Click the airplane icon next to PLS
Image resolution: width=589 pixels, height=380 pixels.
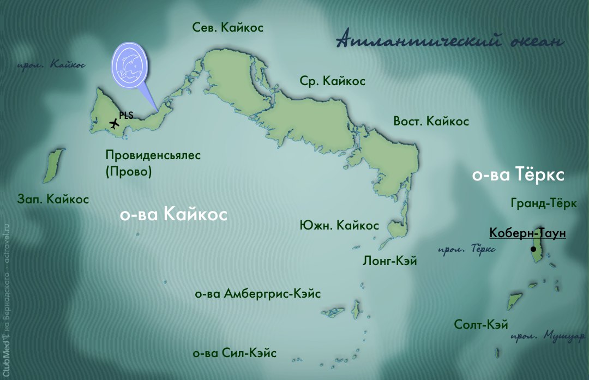pos(114,124)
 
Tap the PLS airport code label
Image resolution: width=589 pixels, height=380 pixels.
pos(126,115)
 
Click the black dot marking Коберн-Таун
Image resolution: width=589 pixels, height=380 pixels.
pos(533,249)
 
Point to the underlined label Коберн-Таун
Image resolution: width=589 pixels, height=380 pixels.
pos(527,233)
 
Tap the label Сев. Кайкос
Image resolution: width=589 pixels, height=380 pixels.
pos(228,27)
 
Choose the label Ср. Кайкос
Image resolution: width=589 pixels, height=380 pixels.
pos(332,81)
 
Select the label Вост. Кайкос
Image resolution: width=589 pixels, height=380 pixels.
pos(431,121)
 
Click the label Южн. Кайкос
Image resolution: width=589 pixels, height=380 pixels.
pos(339,225)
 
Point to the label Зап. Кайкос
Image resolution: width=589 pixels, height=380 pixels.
pos(53,200)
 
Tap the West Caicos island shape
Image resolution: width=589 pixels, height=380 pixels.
pos(52,166)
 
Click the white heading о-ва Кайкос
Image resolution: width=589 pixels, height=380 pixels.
pos(173,215)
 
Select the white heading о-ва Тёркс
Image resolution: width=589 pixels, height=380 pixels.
pos(517,176)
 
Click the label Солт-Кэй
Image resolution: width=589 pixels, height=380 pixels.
pos(481,325)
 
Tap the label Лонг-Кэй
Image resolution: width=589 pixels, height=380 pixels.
pos(389,261)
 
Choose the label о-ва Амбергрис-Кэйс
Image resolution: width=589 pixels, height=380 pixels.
pos(257,294)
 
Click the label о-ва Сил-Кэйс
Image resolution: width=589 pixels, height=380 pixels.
pos(235,353)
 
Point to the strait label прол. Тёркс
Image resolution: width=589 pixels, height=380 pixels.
pos(467,249)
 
